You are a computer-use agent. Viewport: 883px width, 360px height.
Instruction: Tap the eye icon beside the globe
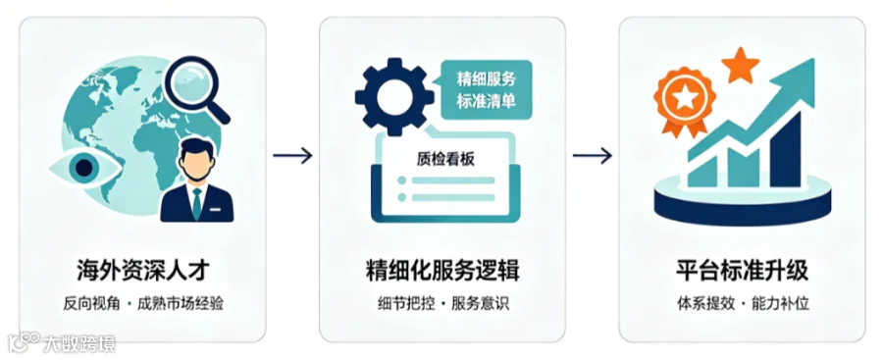(85, 168)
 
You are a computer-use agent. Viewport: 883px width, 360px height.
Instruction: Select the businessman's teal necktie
(196, 203)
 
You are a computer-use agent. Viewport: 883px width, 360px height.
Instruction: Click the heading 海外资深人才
(143, 271)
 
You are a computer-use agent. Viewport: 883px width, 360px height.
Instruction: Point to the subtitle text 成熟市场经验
(181, 304)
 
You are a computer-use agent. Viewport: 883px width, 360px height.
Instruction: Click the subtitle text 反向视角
(92, 304)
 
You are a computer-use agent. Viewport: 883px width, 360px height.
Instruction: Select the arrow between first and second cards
(292, 156)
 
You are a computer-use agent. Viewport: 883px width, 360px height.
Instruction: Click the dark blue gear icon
(394, 97)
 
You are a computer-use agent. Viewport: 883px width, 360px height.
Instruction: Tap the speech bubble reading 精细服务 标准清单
(486, 90)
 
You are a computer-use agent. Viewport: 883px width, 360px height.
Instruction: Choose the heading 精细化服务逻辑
(442, 271)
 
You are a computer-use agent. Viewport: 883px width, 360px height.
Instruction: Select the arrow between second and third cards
(593, 156)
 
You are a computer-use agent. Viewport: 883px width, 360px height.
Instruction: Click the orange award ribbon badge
(684, 100)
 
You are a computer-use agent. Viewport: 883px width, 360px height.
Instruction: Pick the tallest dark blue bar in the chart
(785, 150)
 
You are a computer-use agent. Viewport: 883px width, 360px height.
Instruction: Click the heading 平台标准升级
(743, 271)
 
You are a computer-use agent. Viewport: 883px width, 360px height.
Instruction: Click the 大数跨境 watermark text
(78, 342)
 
